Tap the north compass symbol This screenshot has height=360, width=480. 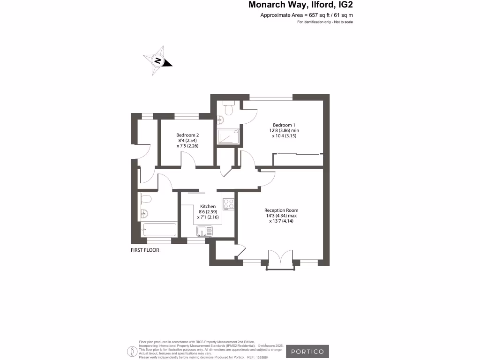click(158, 61)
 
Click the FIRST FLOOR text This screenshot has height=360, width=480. click(145, 250)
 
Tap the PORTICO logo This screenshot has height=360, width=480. click(307, 352)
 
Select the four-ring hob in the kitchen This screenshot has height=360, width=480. click(228, 203)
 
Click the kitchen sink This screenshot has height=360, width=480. click(204, 231)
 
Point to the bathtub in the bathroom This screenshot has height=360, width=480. click(158, 230)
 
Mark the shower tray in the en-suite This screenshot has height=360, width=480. click(229, 137)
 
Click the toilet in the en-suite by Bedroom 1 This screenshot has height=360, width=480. click(229, 109)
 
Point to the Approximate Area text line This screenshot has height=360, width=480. click(307, 15)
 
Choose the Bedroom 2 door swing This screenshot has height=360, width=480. click(188, 160)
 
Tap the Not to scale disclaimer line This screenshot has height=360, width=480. click(325, 22)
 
